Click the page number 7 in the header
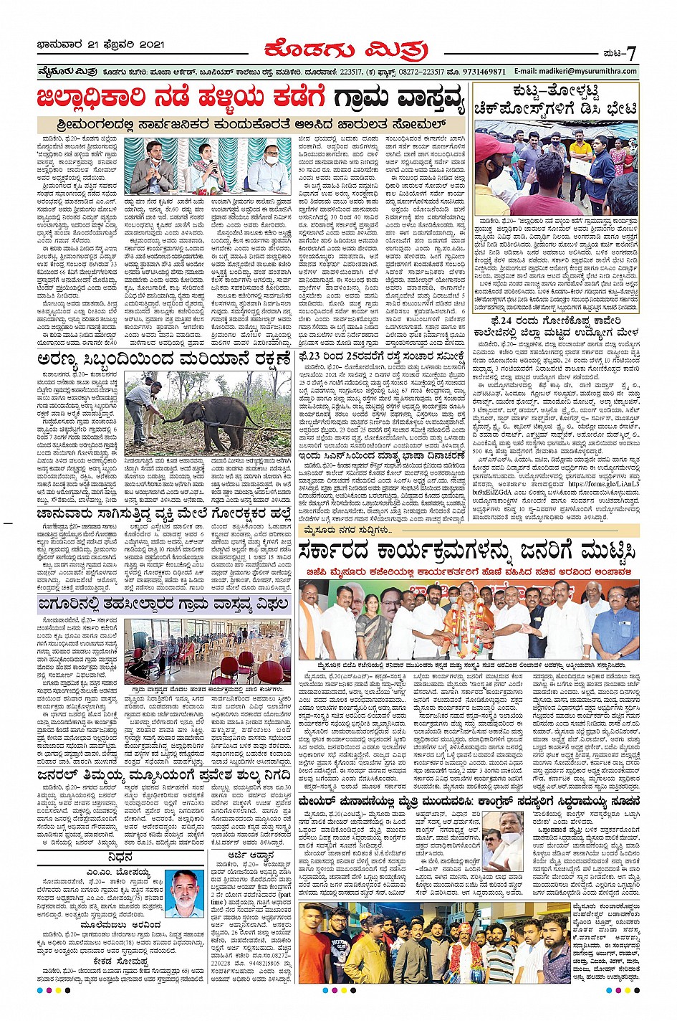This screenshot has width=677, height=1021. click(x=631, y=53)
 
